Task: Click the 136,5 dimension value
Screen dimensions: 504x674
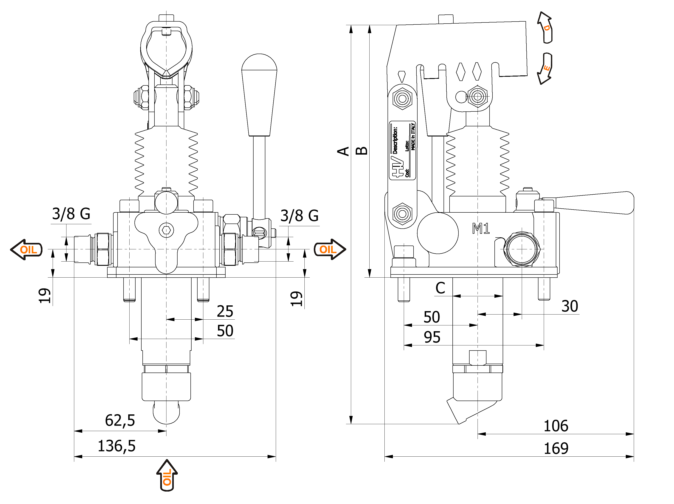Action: [x=116, y=446]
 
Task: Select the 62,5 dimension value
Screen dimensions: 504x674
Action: [x=120, y=420]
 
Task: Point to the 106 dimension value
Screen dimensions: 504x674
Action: [x=556, y=426]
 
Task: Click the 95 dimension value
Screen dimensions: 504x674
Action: [x=432, y=337]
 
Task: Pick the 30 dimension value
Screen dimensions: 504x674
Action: [x=570, y=306]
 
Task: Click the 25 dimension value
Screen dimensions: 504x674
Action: [x=225, y=311]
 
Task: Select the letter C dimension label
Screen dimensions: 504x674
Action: [x=440, y=288]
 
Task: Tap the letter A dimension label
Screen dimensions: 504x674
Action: [x=343, y=151]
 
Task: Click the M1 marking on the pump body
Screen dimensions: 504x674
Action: [x=481, y=228]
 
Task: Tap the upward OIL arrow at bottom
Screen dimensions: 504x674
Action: [x=167, y=476]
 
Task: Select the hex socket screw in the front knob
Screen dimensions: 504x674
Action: [x=166, y=230]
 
